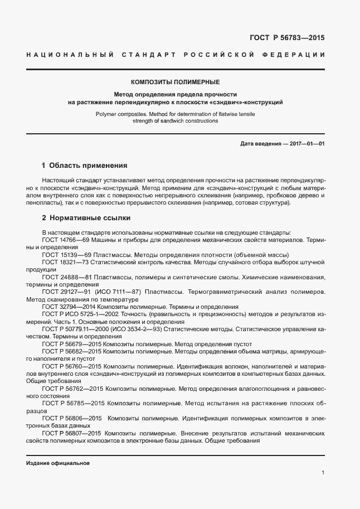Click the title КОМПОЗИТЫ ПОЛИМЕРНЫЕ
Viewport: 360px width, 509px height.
point(176,82)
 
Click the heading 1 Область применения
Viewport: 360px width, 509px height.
point(85,166)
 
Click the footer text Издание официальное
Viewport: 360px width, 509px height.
point(57,463)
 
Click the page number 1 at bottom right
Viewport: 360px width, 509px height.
point(323,473)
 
